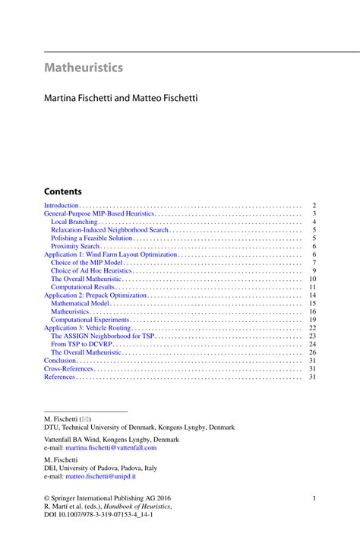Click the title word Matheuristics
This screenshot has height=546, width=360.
(x=83, y=68)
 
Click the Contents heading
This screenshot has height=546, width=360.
(x=62, y=191)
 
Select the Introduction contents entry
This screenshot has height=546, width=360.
(x=62, y=206)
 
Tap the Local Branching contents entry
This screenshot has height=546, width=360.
(x=74, y=222)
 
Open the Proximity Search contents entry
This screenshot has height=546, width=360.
(x=75, y=246)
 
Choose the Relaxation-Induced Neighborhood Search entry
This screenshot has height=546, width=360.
(x=109, y=229)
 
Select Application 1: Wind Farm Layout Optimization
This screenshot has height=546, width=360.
(x=110, y=254)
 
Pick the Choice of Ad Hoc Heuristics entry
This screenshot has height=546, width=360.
(x=92, y=271)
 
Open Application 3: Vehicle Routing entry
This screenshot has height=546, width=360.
(x=88, y=328)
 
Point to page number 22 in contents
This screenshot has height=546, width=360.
(x=311, y=328)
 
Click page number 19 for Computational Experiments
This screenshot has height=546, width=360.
(x=311, y=320)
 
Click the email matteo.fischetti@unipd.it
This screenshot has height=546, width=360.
(x=101, y=476)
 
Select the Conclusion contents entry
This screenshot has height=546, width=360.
(x=61, y=360)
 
